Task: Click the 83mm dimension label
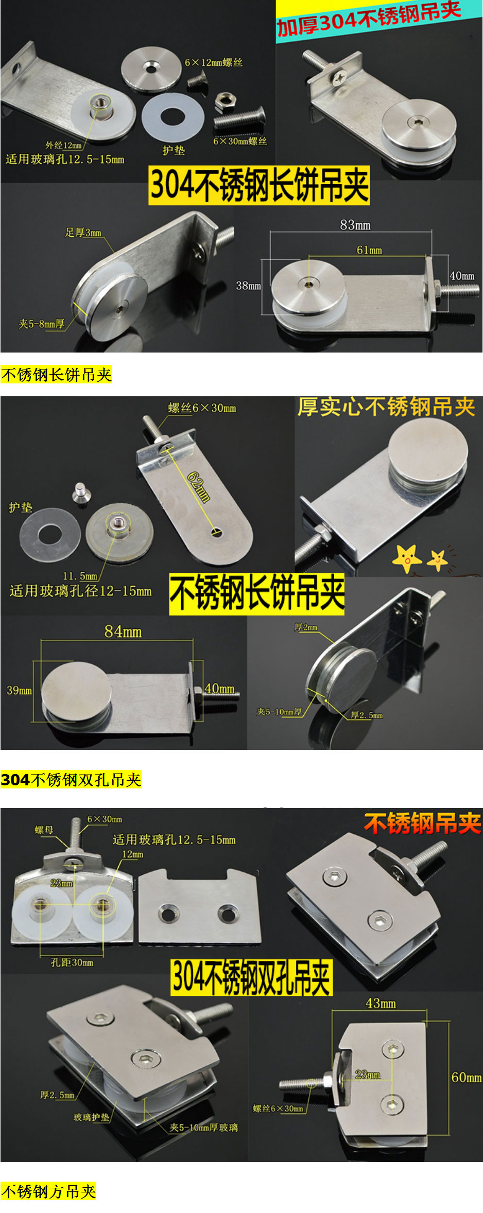(355, 225)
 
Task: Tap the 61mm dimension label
(369, 250)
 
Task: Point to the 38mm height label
(248, 286)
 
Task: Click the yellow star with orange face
(407, 558)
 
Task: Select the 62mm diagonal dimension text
(199, 487)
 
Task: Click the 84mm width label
(123, 631)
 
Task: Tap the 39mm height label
(19, 690)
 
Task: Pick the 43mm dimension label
(381, 1003)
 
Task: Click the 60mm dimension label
(466, 1077)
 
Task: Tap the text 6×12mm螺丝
(214, 62)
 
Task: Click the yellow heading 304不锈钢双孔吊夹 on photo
(251, 977)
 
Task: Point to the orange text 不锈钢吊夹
(422, 823)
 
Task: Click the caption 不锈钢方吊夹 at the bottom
(48, 1191)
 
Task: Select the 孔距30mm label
(72, 962)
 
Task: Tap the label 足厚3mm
(83, 233)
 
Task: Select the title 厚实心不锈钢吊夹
(386, 407)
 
